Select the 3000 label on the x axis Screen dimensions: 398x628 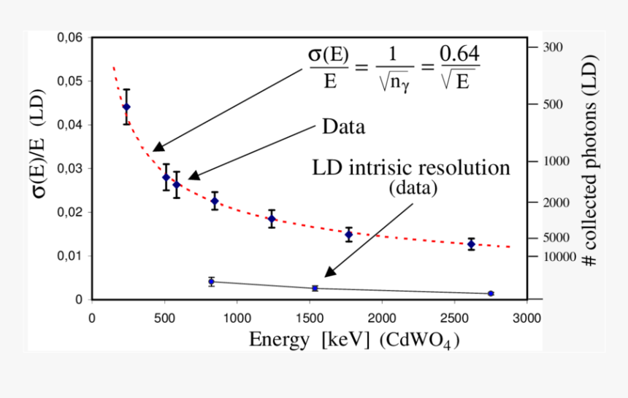(526, 319)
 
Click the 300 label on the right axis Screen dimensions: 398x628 (554, 47)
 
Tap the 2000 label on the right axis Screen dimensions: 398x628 (556, 202)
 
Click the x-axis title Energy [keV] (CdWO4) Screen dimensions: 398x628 (354, 340)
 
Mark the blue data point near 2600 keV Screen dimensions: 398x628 (471, 244)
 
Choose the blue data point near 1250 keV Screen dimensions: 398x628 (272, 219)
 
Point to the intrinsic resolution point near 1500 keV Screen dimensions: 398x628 (315, 289)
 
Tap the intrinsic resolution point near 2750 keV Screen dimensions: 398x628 (491, 293)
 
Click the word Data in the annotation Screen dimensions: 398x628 (343, 127)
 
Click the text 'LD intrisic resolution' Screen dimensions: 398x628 (411, 168)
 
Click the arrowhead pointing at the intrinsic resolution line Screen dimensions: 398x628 (329, 272)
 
